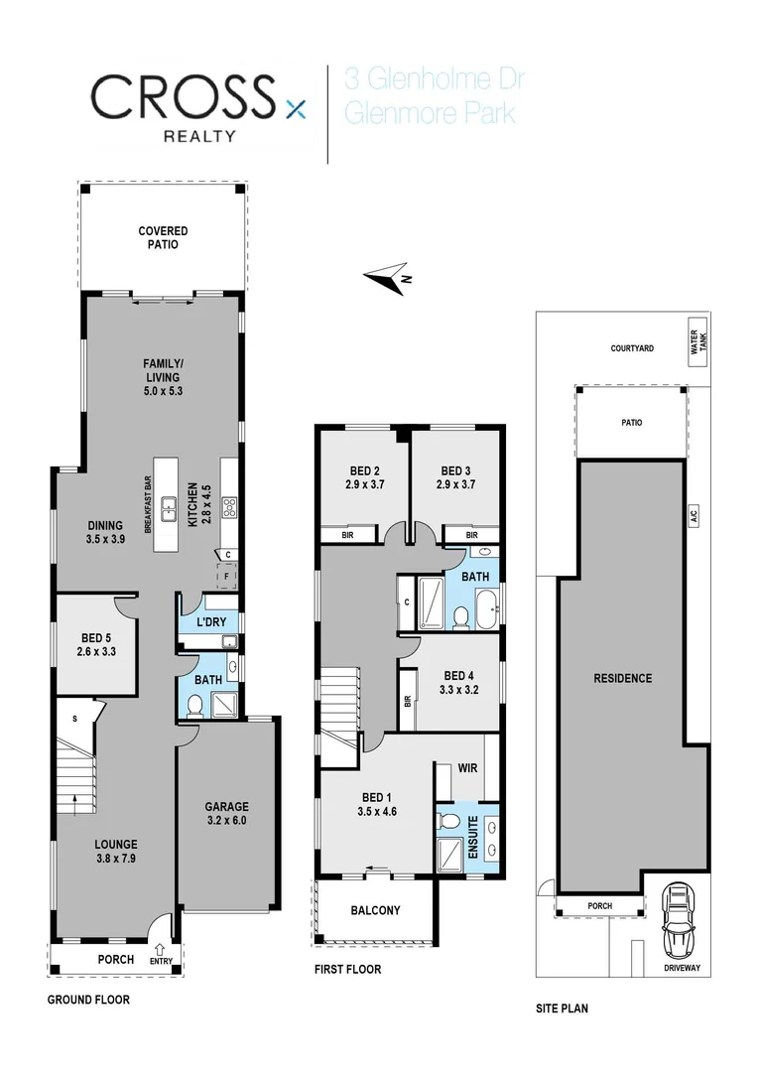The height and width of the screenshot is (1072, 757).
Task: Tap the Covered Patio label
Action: pos(163,237)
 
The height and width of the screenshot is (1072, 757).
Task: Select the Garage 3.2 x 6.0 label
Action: pos(227,814)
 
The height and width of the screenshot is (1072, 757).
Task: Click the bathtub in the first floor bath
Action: pos(486,609)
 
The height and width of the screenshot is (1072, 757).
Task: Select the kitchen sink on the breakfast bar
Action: pos(170,512)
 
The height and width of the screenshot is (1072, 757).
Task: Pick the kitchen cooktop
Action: pos(229,508)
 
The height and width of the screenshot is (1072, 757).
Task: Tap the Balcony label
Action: pos(375,911)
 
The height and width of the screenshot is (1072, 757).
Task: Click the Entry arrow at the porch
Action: pos(161,950)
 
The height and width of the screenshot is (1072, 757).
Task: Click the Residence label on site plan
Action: pos(622,679)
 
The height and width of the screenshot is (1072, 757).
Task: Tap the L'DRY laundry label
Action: pos(211,621)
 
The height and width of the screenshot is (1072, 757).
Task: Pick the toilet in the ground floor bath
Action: pos(195,705)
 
